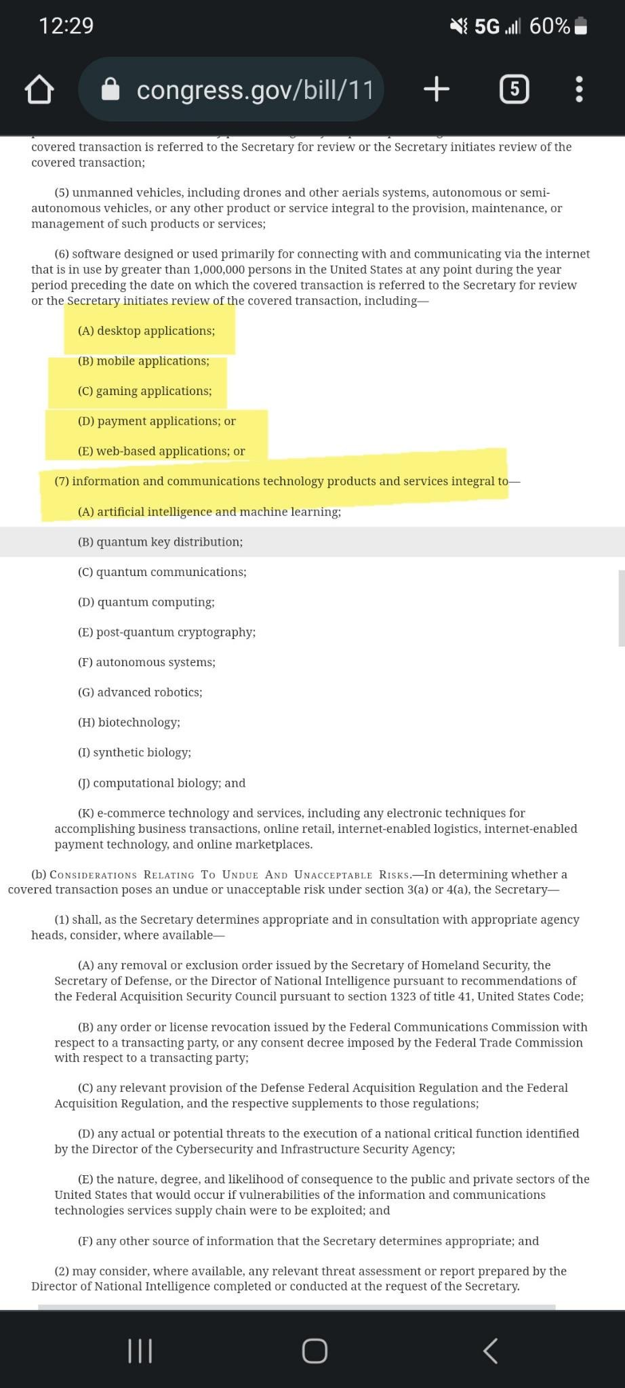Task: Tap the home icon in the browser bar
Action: [x=39, y=89]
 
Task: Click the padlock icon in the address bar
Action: [x=110, y=89]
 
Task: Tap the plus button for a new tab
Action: [x=437, y=89]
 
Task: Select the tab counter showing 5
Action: [x=514, y=89]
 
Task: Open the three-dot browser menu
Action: [x=579, y=89]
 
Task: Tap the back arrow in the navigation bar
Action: [x=491, y=1350]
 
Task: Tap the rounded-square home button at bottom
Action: [x=315, y=1350]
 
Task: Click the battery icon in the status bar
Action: [x=580, y=26]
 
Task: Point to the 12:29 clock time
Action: [x=66, y=26]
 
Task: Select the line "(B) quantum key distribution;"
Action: [x=160, y=542]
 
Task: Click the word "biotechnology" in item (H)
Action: [x=138, y=722]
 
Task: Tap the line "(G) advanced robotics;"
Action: [x=140, y=692]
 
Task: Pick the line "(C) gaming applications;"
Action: [x=144, y=391]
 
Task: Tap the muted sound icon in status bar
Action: [x=459, y=26]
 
